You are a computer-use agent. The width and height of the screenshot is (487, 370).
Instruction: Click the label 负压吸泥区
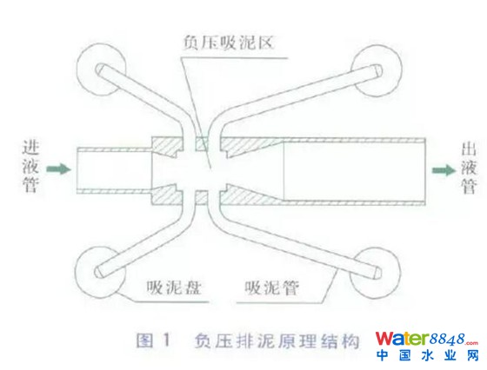(228, 43)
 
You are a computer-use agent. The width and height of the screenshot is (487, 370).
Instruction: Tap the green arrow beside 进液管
(59, 169)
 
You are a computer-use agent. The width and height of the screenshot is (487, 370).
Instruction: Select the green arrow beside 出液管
(444, 170)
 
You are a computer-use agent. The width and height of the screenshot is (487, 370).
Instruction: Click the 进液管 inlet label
(30, 166)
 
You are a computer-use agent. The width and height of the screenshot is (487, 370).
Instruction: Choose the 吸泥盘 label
(174, 287)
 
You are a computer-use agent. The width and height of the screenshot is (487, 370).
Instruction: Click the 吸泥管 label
(271, 287)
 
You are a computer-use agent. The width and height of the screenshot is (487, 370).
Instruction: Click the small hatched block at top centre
(201, 144)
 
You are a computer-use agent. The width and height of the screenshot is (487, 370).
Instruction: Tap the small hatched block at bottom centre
(201, 197)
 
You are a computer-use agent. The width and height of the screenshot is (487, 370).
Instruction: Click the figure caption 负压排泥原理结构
(277, 340)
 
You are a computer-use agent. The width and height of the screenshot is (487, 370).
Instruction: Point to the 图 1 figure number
(154, 340)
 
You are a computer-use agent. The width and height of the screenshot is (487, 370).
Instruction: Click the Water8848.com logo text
(426, 339)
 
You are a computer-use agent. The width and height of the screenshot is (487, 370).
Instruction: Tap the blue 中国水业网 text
(428, 355)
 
